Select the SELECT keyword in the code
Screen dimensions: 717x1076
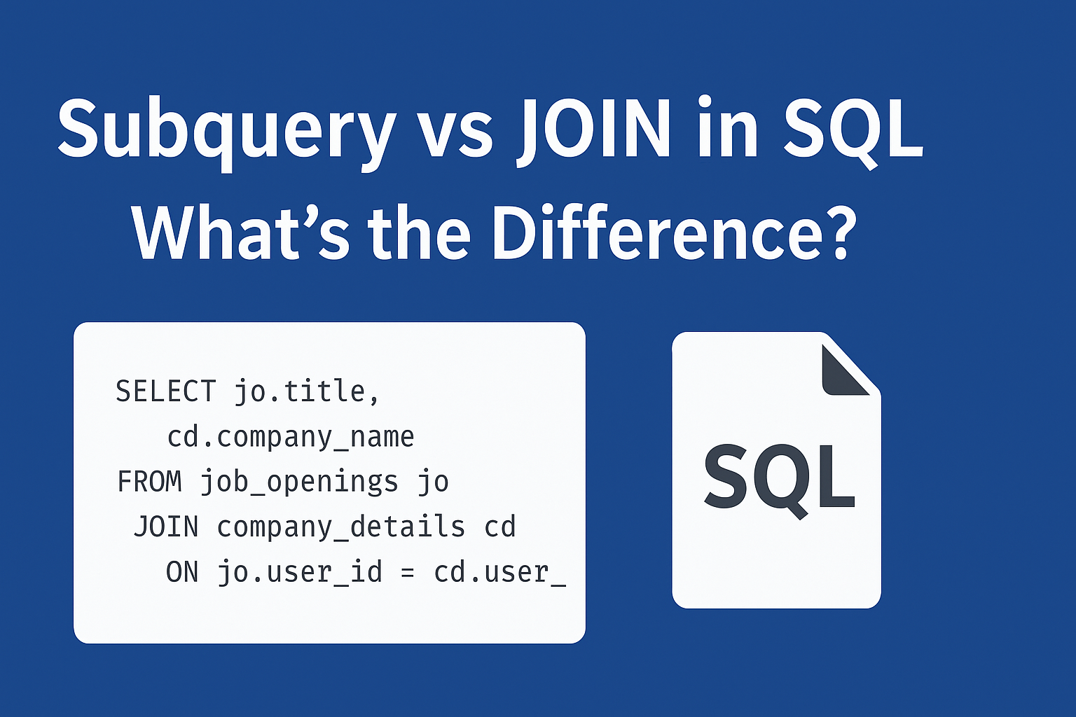(166, 391)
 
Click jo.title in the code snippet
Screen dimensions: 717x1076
(299, 391)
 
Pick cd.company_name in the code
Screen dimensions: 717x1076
(290, 437)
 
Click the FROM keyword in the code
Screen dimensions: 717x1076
(149, 482)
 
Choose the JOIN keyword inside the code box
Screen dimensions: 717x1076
(166, 527)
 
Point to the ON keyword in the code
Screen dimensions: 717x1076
(182, 573)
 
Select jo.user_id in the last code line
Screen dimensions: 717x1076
(300, 573)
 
